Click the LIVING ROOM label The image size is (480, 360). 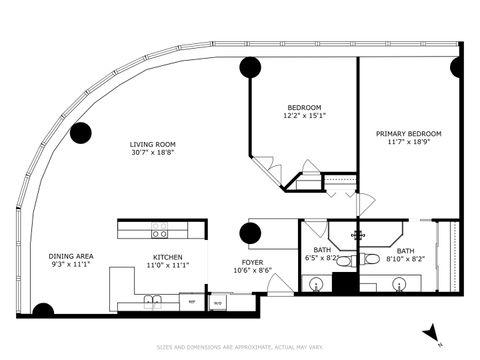click(x=153, y=145)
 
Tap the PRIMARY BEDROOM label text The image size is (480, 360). click(x=408, y=133)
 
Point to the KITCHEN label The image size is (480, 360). click(x=167, y=256)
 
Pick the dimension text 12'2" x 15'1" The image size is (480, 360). click(x=304, y=116)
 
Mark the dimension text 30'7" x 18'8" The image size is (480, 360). click(x=153, y=154)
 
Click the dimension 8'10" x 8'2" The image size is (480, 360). click(x=405, y=260)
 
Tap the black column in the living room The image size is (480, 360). click(x=80, y=132)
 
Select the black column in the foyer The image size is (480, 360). click(x=250, y=234)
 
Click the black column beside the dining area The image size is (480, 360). click(x=43, y=311)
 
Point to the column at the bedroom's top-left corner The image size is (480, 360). click(x=250, y=68)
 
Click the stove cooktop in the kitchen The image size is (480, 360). click(x=159, y=231)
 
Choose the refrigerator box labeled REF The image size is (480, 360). click(x=192, y=300)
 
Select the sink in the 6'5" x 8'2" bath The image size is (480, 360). click(x=317, y=285)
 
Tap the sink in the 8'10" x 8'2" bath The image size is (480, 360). click(x=398, y=284)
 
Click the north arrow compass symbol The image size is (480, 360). click(x=430, y=331)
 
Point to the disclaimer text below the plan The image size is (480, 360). click(x=240, y=347)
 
